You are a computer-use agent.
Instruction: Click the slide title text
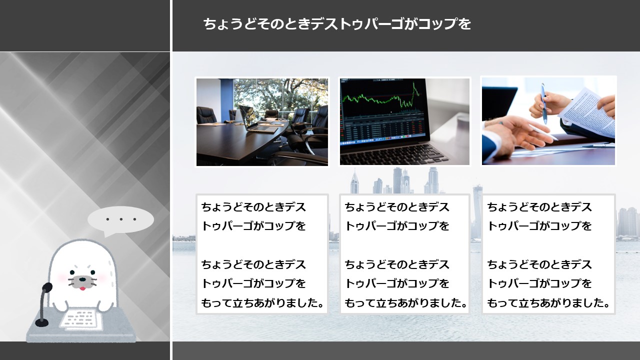click(337, 23)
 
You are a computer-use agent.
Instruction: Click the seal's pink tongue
click(82, 288)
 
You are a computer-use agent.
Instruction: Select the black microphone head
click(47, 287)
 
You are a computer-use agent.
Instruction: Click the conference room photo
click(262, 122)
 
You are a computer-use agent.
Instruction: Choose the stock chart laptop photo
click(404, 121)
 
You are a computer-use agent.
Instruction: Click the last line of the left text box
click(262, 303)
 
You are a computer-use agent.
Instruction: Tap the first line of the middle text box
click(397, 207)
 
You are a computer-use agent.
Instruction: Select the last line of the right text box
click(548, 303)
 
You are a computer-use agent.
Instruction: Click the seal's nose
click(82, 279)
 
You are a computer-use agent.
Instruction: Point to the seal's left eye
click(72, 272)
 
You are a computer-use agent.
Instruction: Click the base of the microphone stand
click(41, 323)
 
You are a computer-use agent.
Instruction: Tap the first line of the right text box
click(539, 207)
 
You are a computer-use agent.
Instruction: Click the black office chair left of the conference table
click(206, 115)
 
